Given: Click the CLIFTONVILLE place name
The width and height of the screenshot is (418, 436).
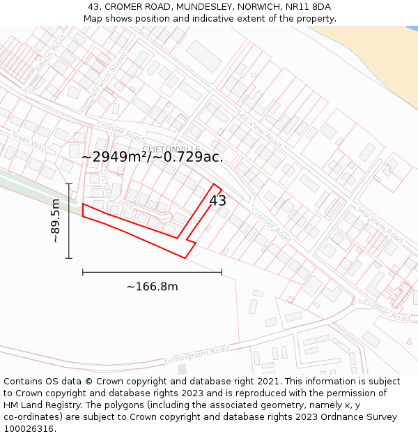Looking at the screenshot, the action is [x=171, y=149].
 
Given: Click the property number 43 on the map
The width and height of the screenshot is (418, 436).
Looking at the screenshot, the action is [x=217, y=201].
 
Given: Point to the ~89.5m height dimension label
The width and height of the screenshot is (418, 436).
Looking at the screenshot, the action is [x=56, y=220].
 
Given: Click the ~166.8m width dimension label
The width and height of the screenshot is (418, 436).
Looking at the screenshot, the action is [x=152, y=287].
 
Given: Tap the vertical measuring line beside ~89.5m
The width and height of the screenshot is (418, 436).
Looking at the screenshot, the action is [x=69, y=220].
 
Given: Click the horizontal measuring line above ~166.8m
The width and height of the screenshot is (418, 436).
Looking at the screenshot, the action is [x=152, y=272].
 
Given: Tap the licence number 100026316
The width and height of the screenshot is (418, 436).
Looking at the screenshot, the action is [x=29, y=429].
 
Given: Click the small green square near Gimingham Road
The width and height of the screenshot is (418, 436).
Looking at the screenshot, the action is [x=182, y=368].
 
